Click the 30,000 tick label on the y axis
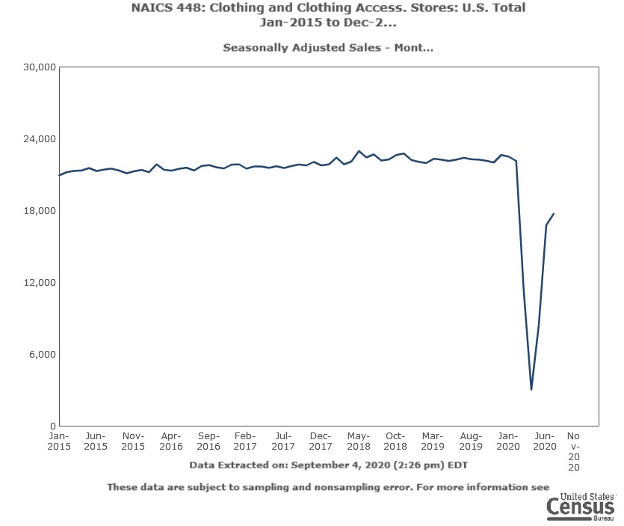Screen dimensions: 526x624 (41, 67)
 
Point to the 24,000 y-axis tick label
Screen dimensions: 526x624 (41, 139)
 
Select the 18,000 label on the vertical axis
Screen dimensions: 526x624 (41, 211)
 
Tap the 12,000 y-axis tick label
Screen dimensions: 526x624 (41, 283)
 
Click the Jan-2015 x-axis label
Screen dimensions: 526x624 (58, 441)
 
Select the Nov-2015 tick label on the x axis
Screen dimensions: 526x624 (133, 441)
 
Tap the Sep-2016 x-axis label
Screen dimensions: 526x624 (208, 441)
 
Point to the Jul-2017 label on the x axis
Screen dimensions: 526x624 (283, 441)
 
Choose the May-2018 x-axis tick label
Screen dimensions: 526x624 (358, 441)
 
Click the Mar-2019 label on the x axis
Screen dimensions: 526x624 (433, 441)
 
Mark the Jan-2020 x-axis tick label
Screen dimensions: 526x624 (508, 441)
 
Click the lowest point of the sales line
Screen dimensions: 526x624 (531, 390)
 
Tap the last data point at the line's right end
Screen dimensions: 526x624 (554, 213)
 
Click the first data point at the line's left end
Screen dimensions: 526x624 (59, 176)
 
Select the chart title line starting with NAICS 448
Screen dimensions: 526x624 (329, 8)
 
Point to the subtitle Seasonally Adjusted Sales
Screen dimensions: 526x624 (328, 48)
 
